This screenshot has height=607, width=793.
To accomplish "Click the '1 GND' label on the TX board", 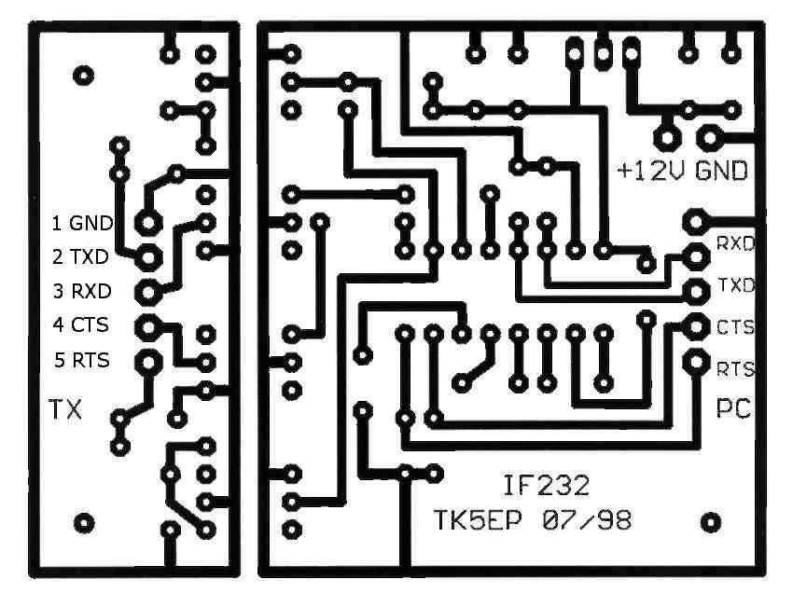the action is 82,223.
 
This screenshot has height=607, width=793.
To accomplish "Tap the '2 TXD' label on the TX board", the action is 80,256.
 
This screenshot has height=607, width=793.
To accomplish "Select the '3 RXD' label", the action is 82,291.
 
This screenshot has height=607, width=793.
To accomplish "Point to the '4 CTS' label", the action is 81,324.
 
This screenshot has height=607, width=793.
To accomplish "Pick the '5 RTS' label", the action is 82,360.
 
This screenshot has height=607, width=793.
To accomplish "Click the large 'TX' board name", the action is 65,409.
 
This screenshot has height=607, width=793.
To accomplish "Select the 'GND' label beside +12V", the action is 722,171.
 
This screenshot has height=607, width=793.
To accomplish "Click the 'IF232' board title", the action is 546,486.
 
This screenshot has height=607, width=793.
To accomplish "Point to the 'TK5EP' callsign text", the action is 478,520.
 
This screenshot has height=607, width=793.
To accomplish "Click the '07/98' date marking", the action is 587,520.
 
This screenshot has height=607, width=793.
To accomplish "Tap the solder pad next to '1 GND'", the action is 148,223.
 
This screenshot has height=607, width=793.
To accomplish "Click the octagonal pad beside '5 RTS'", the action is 148,362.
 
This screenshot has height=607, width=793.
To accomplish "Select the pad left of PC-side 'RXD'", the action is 696,256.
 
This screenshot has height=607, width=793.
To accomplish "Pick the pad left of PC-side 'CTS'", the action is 696,326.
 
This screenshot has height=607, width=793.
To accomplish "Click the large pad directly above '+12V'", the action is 666,137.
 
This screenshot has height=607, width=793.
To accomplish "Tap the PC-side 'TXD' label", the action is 736,285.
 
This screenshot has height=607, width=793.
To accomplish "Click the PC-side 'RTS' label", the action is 736,369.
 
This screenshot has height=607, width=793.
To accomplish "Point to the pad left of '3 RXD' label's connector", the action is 148,292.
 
